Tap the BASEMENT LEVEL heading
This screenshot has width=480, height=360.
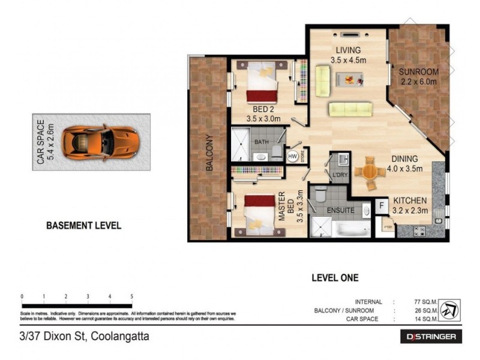point(84,226)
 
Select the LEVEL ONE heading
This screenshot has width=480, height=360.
point(335,278)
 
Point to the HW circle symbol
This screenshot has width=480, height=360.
point(293,155)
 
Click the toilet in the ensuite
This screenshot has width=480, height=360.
point(320,194)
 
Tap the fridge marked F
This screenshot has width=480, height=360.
point(382,206)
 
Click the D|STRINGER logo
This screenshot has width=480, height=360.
point(431,337)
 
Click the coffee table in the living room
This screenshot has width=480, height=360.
point(349,78)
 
